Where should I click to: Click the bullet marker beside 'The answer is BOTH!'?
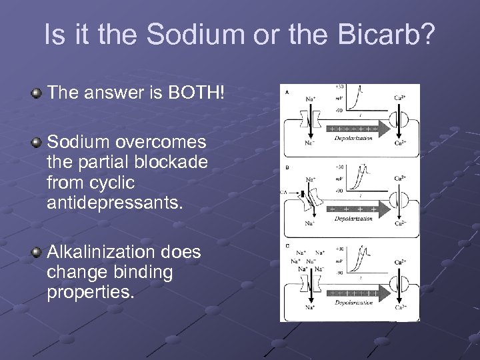click(x=37, y=93)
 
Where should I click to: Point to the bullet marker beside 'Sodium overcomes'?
click(x=37, y=143)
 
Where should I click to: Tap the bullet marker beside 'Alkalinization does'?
click(x=37, y=253)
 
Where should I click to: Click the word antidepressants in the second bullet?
click(x=114, y=202)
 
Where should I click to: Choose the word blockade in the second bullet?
click(x=174, y=162)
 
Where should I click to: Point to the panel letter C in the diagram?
click(x=287, y=247)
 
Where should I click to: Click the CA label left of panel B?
click(x=283, y=192)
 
